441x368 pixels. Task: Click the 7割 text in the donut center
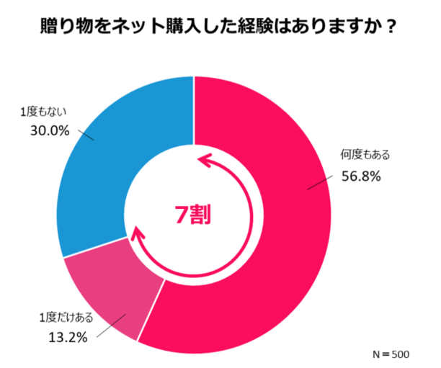pyautogui.click(x=193, y=214)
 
